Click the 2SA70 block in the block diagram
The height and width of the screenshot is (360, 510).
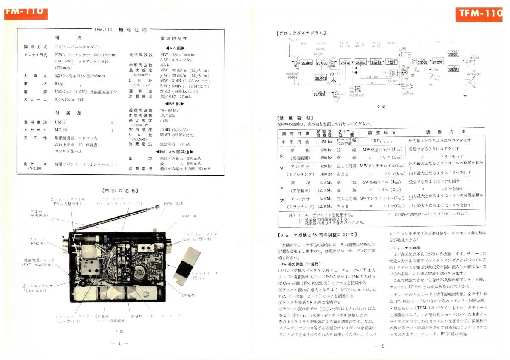(x=346, y=62)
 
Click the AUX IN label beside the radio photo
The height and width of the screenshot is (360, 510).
(x=189, y=216)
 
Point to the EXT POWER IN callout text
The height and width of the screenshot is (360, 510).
(x=38, y=264)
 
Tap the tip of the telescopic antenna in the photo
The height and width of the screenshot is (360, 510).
(x=146, y=209)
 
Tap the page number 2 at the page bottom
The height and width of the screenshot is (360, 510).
(x=383, y=346)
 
